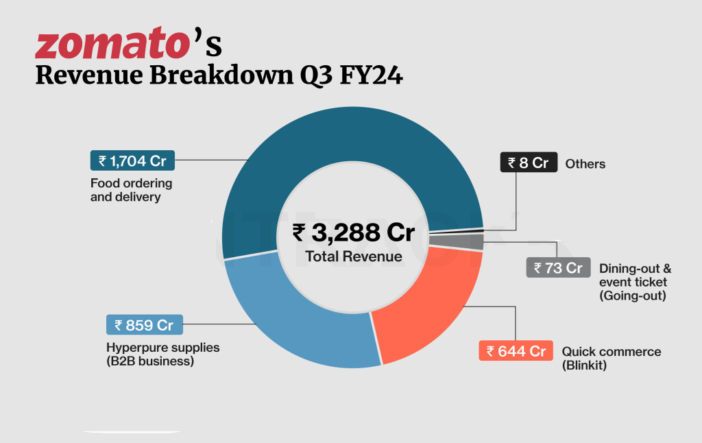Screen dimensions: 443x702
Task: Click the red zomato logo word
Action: point(112,45)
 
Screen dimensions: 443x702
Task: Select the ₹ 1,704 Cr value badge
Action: point(132,160)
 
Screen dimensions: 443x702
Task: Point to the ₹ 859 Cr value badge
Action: point(145,325)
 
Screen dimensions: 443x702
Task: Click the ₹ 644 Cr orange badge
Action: point(516,351)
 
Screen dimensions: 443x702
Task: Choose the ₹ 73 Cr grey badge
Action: point(558,267)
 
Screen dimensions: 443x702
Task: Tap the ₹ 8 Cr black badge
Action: point(528,163)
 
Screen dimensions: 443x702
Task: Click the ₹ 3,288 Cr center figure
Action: point(354,233)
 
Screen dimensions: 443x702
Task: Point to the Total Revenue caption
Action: point(354,256)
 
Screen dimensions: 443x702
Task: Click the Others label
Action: point(585,164)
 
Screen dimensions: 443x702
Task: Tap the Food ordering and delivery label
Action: point(131,190)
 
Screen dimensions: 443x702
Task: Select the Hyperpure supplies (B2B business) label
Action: point(162,354)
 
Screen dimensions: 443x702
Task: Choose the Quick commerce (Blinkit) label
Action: point(612,358)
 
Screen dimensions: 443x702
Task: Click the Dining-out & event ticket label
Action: point(635,282)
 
